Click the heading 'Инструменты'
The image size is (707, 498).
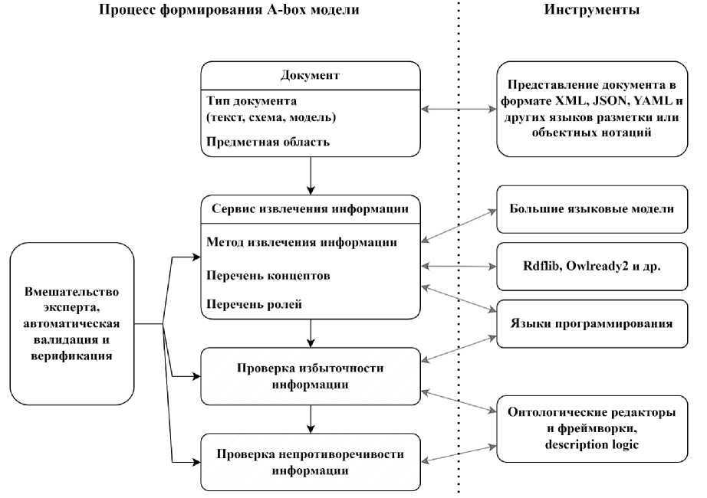pyautogui.click(x=591, y=9)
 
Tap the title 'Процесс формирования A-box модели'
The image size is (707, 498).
pyautogui.click(x=229, y=9)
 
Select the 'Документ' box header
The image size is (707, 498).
pyautogui.click(x=311, y=75)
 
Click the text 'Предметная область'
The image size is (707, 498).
pyautogui.click(x=268, y=142)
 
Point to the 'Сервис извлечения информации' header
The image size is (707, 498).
pyautogui.click(x=311, y=208)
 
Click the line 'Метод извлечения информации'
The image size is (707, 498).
pyautogui.click(x=301, y=242)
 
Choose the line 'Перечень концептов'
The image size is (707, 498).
pyautogui.click(x=268, y=275)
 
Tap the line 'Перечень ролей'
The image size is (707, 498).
pyautogui.click(x=254, y=304)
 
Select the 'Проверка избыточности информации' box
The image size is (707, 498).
pyautogui.click(x=311, y=376)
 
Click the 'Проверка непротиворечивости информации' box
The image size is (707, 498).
pyautogui.click(x=311, y=462)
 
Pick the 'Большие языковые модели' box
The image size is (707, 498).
pyautogui.click(x=592, y=209)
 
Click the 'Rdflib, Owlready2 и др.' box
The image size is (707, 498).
pyautogui.click(x=592, y=267)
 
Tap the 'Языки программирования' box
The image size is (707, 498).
pyautogui.click(x=592, y=323)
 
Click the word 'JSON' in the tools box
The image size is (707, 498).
pyautogui.click(x=610, y=100)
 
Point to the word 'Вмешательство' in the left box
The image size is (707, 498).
pyautogui.click(x=71, y=292)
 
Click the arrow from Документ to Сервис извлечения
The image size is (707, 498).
pyautogui.click(x=311, y=175)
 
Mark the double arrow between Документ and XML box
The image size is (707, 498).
pyautogui.click(x=459, y=109)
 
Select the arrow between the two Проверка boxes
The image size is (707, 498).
pyautogui.click(x=311, y=419)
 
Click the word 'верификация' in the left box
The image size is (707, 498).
pyautogui.click(x=71, y=356)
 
